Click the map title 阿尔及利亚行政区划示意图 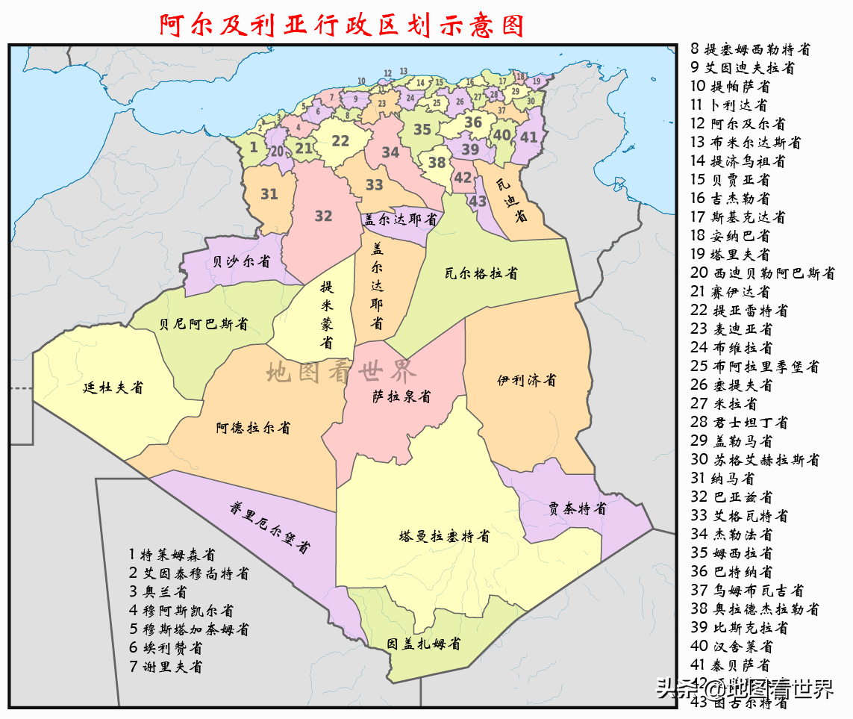tap(342, 25)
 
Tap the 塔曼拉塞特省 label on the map tap(444, 536)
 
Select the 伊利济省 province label tap(527, 380)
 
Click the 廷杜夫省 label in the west tap(113, 387)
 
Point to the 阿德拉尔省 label tap(253, 428)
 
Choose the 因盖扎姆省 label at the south tap(423, 644)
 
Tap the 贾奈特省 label tap(577, 509)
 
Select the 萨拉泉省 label tap(401, 396)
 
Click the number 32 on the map tap(323, 216)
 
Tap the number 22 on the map tap(340, 140)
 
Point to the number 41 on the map tap(528, 137)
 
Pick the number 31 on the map tap(269, 194)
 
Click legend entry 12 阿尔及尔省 tap(737, 124)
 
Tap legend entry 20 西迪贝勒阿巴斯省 tap(763, 273)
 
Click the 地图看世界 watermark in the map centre tap(343, 370)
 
